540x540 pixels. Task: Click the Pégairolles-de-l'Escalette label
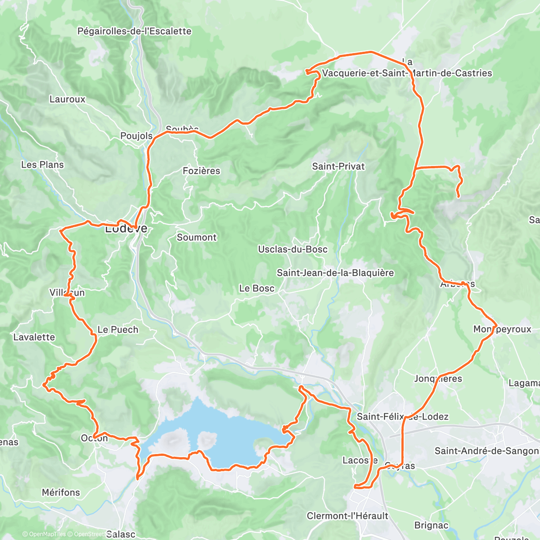pos(134,31)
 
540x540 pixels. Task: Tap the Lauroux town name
pos(67,99)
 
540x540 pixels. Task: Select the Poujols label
pos(136,136)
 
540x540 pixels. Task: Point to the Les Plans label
pos(42,165)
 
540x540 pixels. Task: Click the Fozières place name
pos(201,171)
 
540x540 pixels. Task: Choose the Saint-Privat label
pos(338,166)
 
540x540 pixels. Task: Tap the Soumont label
pos(197,237)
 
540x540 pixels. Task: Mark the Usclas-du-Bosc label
pos(292,249)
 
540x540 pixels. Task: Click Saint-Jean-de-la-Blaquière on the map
pos(335,273)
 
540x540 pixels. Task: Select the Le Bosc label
pos(256,288)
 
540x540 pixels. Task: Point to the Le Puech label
pos(118,330)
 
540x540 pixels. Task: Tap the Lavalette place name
pos(34,337)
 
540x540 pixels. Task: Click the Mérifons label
pos(61,492)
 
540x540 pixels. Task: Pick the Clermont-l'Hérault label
pos(347,516)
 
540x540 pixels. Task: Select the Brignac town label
pos(431,525)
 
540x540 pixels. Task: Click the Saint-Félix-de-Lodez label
pos(402,417)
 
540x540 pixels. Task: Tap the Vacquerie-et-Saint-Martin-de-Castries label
pos(407,73)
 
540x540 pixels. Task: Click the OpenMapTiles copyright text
pos(44,534)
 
